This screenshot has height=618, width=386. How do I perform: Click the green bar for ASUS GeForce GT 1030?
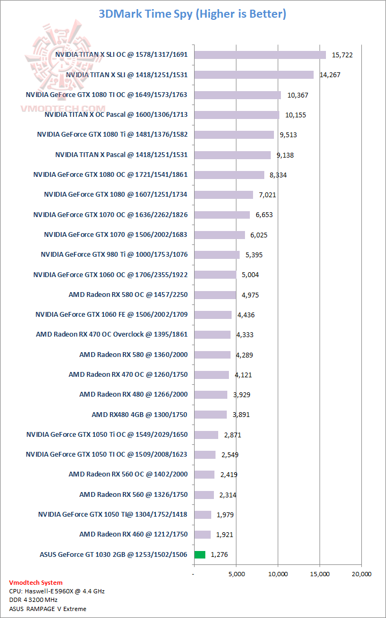coord(200,555)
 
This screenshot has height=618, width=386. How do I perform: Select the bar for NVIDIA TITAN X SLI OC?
coord(260,55)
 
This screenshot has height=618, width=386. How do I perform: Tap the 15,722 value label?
coord(342,55)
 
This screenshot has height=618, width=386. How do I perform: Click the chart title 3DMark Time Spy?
coord(192,14)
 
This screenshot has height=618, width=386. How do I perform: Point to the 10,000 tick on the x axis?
coord(278,574)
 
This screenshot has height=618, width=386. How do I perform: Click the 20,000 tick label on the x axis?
coord(361,574)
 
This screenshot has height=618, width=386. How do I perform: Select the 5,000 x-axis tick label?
coord(236,574)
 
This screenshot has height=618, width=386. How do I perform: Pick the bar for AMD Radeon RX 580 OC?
coord(215,295)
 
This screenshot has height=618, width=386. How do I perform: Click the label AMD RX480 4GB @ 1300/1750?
coord(140,414)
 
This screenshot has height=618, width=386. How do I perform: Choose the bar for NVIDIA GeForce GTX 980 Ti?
coord(217,255)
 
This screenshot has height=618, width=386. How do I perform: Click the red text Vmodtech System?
coord(35,583)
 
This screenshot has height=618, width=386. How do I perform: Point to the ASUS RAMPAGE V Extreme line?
coord(48,609)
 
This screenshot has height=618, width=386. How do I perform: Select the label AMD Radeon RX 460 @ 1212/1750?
coord(133,534)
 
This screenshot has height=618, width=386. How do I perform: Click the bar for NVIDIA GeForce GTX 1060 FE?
coord(213,315)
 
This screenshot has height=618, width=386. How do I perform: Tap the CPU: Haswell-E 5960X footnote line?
coord(57,591)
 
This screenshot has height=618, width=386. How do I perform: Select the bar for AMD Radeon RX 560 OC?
coord(204,474)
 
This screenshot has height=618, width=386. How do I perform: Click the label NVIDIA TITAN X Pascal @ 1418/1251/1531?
coord(121,154)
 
